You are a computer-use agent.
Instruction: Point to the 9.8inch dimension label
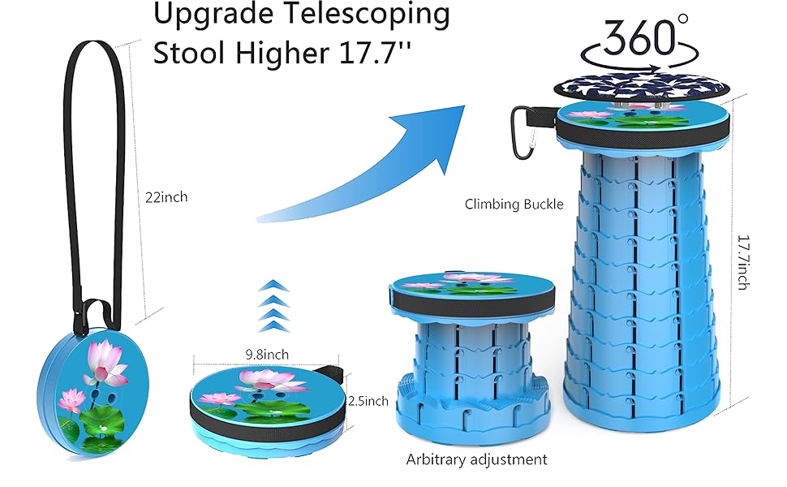click(x=265, y=355)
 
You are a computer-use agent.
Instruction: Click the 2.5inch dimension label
click(x=368, y=401)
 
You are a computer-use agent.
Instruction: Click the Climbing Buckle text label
click(x=514, y=205)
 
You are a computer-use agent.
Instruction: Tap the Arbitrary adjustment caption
click(x=476, y=459)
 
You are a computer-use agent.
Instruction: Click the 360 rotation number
click(x=639, y=36)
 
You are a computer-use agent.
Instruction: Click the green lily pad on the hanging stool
click(x=96, y=419)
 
